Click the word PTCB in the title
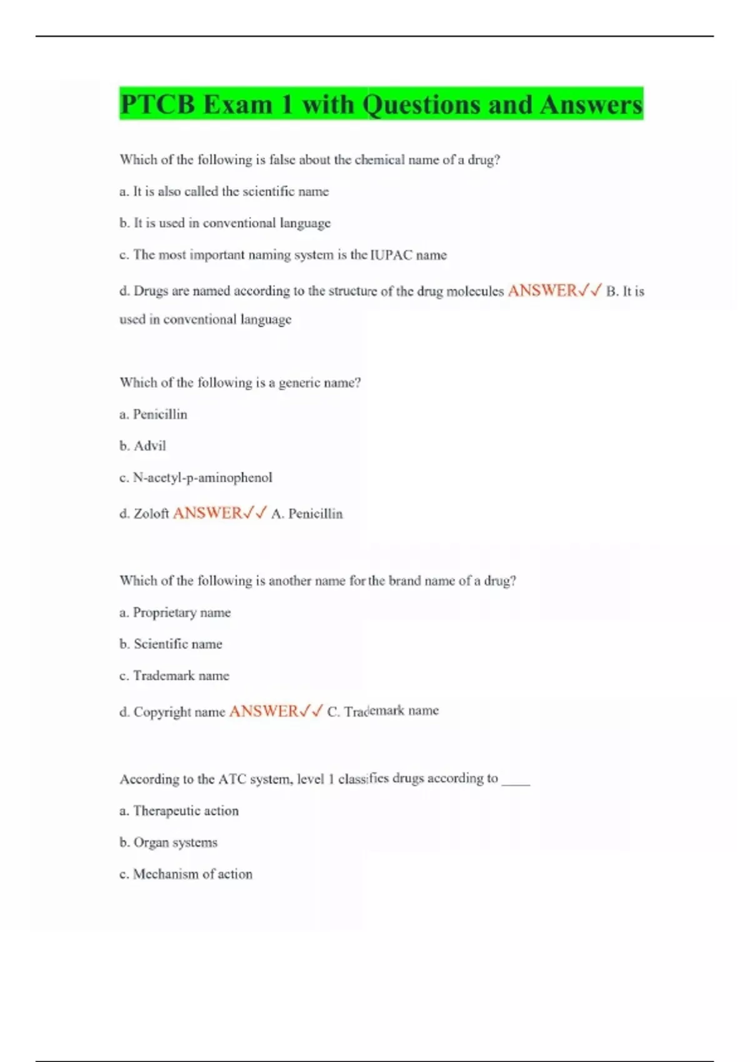click(157, 104)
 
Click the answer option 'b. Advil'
click(142, 446)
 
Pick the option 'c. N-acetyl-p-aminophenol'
click(196, 478)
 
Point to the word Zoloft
click(151, 514)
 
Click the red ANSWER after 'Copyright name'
click(264, 712)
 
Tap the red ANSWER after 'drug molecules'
click(542, 290)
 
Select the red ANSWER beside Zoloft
click(207, 514)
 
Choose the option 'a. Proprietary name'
click(175, 613)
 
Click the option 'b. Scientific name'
click(171, 644)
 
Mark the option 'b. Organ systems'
click(168, 843)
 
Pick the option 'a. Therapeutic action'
click(179, 811)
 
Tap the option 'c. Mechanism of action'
click(186, 875)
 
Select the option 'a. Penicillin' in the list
click(153, 414)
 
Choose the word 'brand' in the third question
click(404, 581)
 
